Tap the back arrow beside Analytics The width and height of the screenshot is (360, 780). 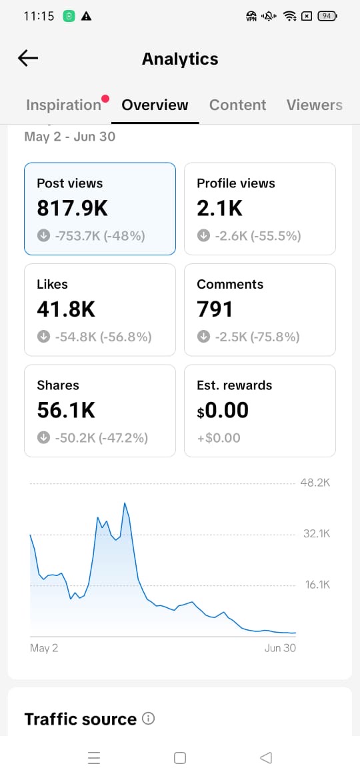(28, 58)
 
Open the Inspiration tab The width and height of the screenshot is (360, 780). (63, 105)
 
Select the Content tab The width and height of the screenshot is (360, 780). (238, 105)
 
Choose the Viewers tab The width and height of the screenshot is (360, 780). (314, 105)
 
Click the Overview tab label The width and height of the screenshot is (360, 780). (155, 105)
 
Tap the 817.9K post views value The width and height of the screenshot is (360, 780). (72, 209)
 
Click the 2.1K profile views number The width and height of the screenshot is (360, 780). (219, 209)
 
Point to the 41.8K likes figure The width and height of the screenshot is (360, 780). (65, 309)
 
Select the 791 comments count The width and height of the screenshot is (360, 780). (214, 309)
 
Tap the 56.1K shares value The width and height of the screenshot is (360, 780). (65, 411)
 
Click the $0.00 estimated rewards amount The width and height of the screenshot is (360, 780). (223, 411)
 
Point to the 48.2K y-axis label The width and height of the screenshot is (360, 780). (315, 483)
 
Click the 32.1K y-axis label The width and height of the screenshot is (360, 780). (317, 534)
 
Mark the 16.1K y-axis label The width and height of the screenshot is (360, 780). (318, 585)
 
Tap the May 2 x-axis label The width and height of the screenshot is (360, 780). (44, 648)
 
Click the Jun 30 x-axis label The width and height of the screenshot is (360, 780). (280, 648)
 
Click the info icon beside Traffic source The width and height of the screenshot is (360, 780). (148, 718)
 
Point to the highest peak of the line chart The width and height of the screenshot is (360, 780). (124, 503)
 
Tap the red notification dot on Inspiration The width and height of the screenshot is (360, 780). (105, 99)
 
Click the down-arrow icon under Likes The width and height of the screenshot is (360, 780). (43, 337)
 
